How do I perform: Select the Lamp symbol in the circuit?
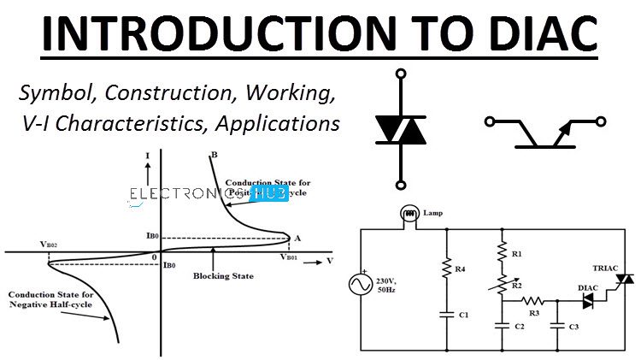pyautogui.click(x=409, y=213)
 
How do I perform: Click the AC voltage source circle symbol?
pyautogui.click(x=357, y=284)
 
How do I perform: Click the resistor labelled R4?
pyautogui.click(x=445, y=268)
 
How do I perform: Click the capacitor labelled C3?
pyautogui.click(x=557, y=325)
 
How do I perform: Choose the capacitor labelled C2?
pyautogui.click(x=501, y=325)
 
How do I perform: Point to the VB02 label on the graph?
pyautogui.click(x=50, y=245)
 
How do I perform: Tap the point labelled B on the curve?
pyautogui.click(x=212, y=154)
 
